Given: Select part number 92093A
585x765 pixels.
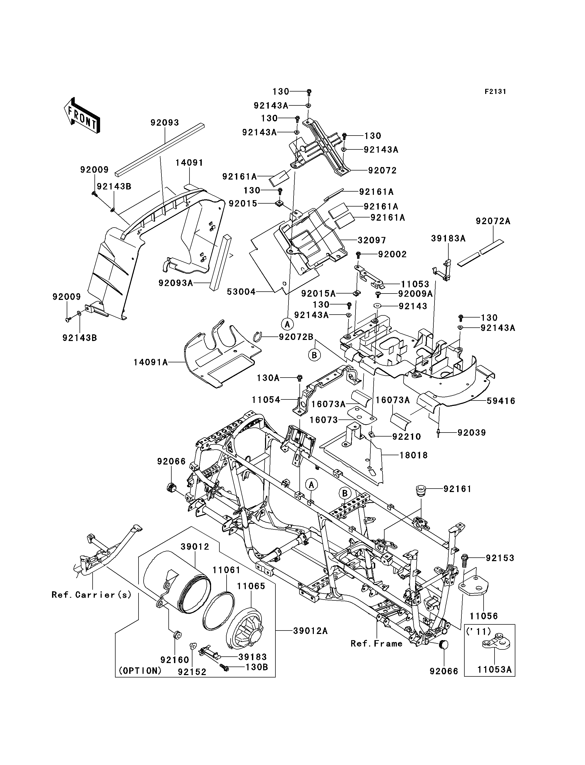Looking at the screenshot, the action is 176,283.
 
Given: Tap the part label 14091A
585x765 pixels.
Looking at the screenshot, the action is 151,362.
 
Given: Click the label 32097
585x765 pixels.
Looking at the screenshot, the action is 372,240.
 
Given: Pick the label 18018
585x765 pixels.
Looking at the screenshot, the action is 413,455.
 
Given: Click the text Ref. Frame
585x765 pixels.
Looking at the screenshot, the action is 376,644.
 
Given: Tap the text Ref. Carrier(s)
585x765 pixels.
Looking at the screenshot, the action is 92,595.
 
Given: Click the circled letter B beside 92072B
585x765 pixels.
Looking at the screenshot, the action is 314,355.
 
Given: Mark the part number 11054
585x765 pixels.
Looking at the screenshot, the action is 266,400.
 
